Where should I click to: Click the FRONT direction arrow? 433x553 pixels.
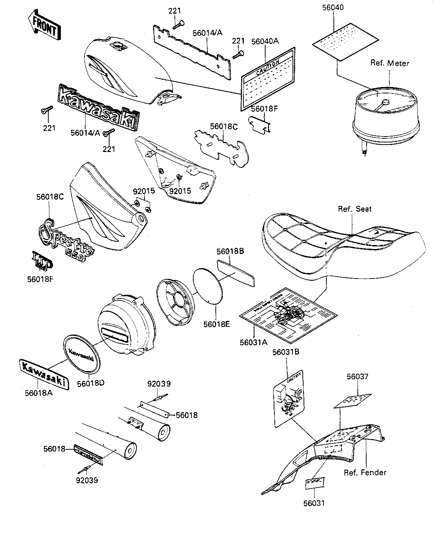pos(43,25)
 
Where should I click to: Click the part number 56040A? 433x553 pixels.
pos(265,41)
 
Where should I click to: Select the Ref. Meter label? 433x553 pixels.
pos(389,63)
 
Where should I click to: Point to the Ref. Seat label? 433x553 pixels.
pos(355,209)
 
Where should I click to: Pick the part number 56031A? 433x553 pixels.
pos(253,342)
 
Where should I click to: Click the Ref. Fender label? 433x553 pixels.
pos(365,473)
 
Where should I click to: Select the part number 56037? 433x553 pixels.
pos(357,377)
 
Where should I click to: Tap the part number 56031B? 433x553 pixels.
pos(285,352)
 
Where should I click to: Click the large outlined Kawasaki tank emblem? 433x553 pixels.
pos(99,106)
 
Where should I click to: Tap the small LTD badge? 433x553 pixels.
pos(42,261)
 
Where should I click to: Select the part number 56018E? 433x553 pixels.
pos(216,324)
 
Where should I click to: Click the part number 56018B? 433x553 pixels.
pos(230,252)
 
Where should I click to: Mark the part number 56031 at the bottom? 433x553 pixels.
pos(314,503)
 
